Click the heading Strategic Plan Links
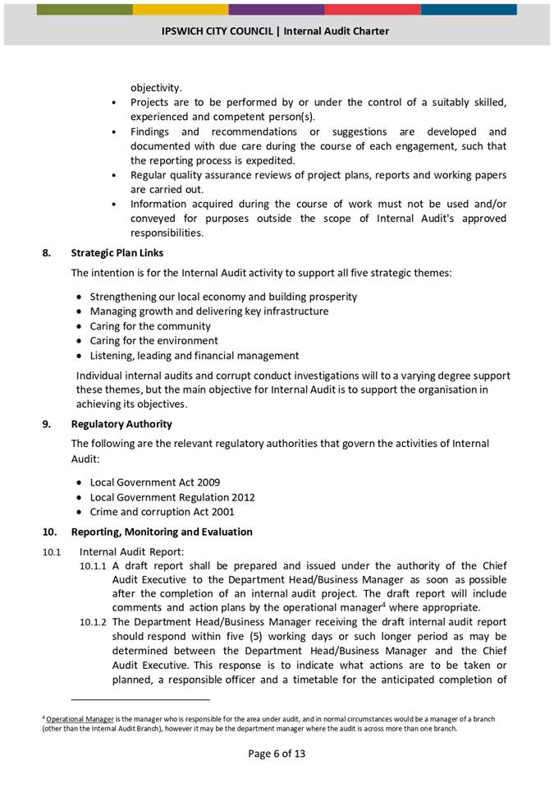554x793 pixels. tap(117, 253)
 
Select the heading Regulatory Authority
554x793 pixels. tap(121, 424)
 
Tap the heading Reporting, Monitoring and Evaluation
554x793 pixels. tap(162, 532)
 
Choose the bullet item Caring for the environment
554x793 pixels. tap(153, 340)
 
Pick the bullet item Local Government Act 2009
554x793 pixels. tap(154, 482)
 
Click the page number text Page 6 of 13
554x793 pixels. tap(277, 754)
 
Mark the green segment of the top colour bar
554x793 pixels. tap(85, 10)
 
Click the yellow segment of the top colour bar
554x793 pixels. tap(181, 10)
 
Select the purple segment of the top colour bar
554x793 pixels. tap(277, 10)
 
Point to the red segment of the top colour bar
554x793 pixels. tap(373, 10)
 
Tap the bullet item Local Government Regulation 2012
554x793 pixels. tap(172, 497)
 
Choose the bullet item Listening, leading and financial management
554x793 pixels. tap(194, 355)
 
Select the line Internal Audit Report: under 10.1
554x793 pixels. tap(131, 551)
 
